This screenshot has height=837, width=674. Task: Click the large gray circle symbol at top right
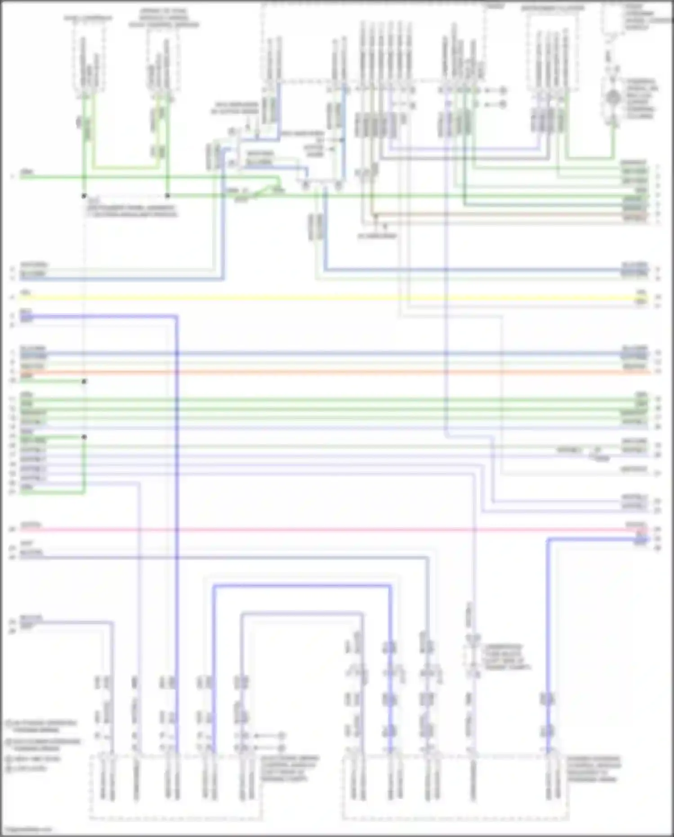pyautogui.click(x=613, y=97)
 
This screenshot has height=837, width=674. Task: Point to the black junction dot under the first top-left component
pyautogui.click(x=84, y=196)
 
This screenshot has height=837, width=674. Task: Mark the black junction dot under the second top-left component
pyautogui.click(x=167, y=196)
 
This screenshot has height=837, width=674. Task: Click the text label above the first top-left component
pyautogui.click(x=88, y=18)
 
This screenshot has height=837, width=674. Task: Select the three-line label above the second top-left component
pyautogui.click(x=164, y=18)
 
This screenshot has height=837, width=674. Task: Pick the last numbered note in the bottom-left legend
pyautogui.click(x=27, y=769)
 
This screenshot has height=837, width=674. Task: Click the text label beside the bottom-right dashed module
pyautogui.click(x=594, y=769)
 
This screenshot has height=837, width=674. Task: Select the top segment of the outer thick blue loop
pyautogui.click(x=301, y=586)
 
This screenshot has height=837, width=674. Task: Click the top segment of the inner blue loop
pyautogui.click(x=301, y=613)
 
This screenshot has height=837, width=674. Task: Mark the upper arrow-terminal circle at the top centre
pyautogui.click(x=503, y=91)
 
